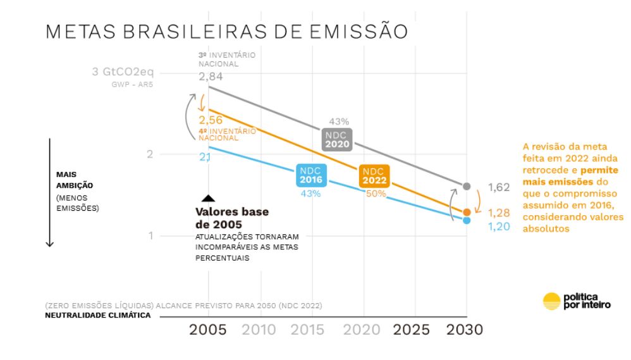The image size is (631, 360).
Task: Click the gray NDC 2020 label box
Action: coord(337,139)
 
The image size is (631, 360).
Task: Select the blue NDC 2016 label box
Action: coord(310,175)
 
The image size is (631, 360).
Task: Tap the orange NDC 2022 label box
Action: coord(374,176)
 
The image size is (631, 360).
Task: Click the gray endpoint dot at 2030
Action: coord(467,186)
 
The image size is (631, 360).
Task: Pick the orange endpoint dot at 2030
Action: coord(467,212)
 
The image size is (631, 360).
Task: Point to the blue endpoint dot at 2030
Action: coord(467,220)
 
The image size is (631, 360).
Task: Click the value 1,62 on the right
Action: coord(499,187)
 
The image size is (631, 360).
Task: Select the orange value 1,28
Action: coord(499,213)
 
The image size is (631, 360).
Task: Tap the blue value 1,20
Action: coord(499,227)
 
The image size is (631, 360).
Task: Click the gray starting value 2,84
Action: coord(211,77)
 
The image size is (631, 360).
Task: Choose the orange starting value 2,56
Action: coord(211,120)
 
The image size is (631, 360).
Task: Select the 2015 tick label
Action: coord(307,330)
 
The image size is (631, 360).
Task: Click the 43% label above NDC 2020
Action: coord(339,121)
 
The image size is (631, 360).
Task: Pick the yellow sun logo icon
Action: coord(551,301)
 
